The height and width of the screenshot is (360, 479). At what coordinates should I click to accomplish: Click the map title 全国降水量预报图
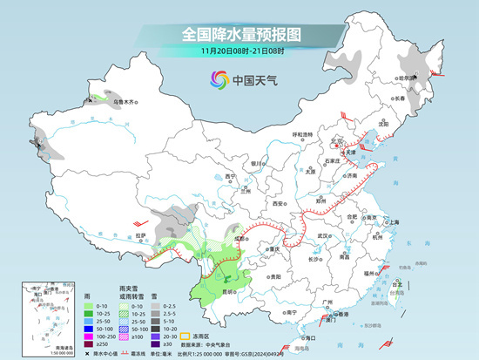point(240,34)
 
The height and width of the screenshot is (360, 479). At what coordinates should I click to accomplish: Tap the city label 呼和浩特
point(301,134)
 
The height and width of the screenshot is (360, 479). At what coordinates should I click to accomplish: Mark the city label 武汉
point(326,235)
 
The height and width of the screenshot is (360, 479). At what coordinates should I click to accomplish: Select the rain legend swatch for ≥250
point(89,344)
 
